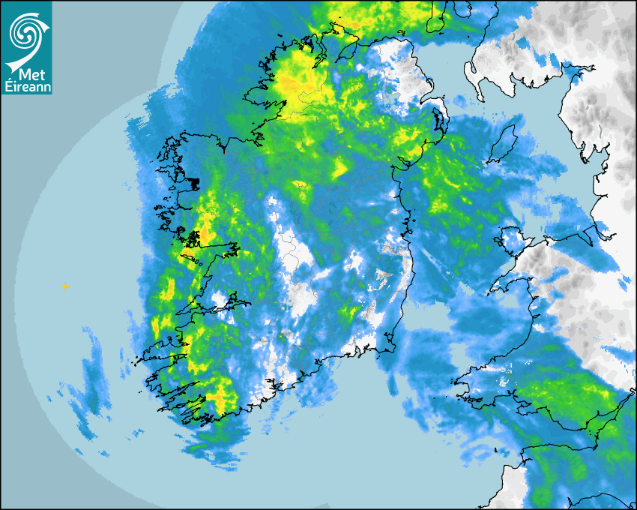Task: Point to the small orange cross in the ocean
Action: point(65,286)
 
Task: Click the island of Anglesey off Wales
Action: point(510,241)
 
